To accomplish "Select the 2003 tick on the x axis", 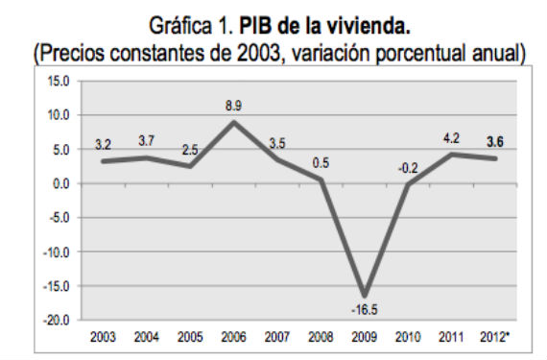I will point(102,336).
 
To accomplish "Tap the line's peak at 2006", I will point(234,122).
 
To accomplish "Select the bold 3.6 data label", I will point(496,142).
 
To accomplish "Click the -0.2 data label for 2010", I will point(408,168).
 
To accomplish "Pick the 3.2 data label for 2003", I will point(103,144).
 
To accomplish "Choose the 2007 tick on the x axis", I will point(276,336).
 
